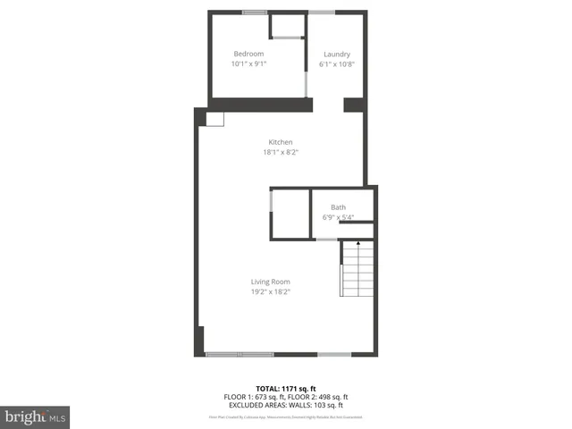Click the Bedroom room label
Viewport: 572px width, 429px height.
click(248, 54)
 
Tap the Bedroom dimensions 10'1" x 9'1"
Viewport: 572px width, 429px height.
click(248, 64)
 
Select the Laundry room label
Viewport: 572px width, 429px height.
click(336, 54)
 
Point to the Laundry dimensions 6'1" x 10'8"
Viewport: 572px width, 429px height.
click(336, 64)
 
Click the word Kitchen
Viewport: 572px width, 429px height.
click(281, 142)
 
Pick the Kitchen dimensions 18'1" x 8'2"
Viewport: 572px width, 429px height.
click(281, 153)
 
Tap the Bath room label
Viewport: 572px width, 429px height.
click(338, 207)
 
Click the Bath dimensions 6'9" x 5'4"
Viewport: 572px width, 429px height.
click(338, 217)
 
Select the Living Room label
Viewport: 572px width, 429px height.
click(270, 282)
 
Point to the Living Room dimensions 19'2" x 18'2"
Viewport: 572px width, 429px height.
click(270, 291)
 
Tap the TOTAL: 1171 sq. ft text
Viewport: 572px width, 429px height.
click(286, 389)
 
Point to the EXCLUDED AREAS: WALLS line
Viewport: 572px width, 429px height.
click(286, 405)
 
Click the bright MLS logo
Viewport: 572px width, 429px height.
click(36, 416)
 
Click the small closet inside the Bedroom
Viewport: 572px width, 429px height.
click(286, 26)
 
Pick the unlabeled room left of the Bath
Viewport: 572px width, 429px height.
click(290, 214)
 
